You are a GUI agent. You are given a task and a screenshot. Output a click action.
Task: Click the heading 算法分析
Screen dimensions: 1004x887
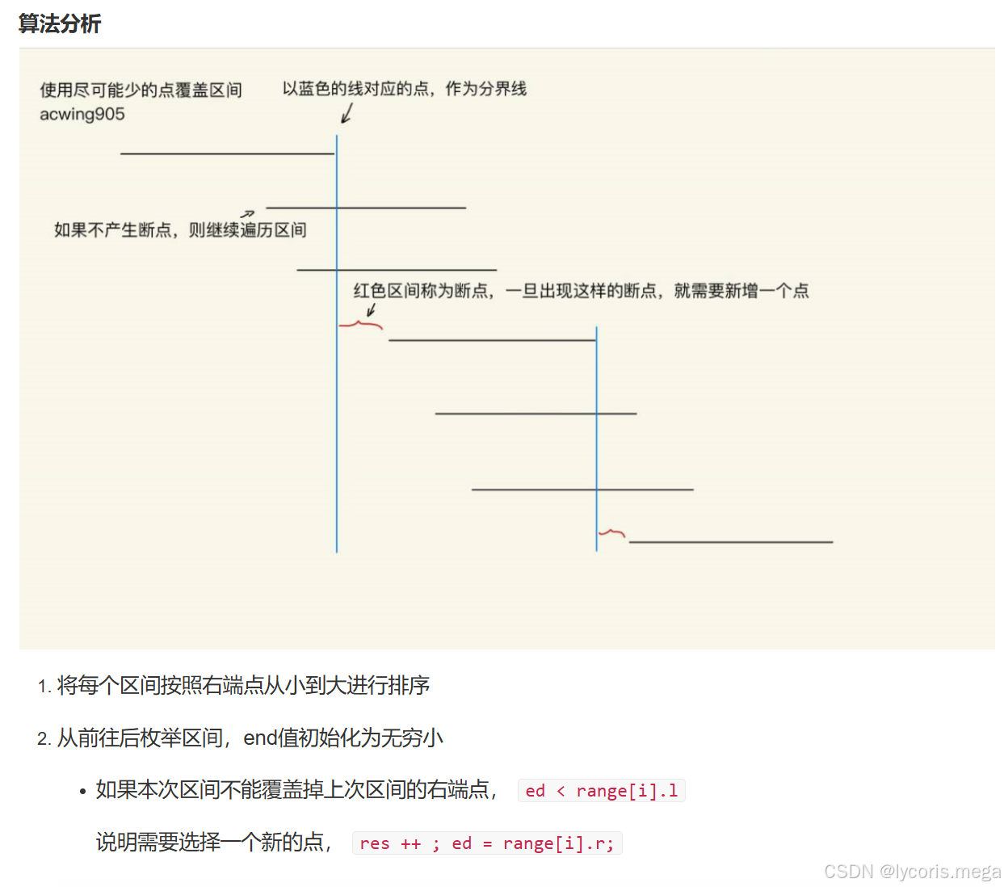coord(60,23)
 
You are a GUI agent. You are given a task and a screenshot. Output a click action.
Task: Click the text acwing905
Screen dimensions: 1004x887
coord(82,114)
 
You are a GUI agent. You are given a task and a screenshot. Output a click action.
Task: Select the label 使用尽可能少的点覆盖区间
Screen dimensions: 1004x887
coord(141,90)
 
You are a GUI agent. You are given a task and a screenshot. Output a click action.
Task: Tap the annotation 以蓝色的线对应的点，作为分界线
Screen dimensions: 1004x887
coord(404,89)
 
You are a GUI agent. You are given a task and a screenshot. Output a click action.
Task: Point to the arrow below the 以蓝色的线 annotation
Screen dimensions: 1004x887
coord(347,114)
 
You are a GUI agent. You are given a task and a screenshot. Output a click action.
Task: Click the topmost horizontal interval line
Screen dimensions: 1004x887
coord(226,153)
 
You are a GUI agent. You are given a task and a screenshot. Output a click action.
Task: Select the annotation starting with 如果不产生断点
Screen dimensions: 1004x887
coord(180,230)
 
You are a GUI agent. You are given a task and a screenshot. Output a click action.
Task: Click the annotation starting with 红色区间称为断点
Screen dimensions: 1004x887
coord(581,291)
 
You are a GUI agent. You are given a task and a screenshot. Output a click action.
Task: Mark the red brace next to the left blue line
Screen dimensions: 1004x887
coord(360,325)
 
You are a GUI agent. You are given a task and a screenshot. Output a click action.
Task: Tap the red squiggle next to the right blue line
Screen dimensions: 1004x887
coord(611,532)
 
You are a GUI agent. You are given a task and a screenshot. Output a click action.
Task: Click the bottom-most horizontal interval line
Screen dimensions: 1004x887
coord(730,542)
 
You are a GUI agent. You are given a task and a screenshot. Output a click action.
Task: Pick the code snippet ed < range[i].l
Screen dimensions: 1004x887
coord(601,791)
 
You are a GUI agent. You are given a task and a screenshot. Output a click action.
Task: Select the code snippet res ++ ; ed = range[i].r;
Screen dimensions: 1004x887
coord(486,843)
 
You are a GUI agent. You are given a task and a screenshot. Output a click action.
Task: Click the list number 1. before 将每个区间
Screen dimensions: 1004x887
coord(44,687)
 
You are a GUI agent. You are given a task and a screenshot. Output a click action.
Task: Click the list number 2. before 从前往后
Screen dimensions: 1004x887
coord(44,739)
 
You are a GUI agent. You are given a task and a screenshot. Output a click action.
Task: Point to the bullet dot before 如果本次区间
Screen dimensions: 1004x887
coord(82,792)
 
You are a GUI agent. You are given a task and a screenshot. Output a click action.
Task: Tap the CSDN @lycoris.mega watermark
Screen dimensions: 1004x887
coord(912,872)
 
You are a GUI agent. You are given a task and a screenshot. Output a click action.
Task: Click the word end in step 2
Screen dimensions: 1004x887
coord(260,738)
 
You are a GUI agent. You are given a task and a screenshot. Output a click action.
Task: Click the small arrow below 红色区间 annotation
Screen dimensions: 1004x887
coord(372,310)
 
